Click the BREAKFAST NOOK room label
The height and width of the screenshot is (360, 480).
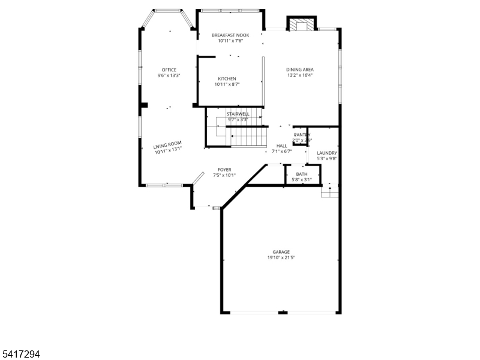230,35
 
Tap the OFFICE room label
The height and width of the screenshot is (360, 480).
169,70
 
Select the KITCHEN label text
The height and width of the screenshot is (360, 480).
227,79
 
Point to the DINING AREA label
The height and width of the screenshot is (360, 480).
300,70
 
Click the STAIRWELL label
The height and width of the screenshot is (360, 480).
238,113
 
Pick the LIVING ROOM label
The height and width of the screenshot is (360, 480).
167,145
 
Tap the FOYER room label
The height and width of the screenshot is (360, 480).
224,170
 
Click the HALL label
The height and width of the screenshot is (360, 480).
281,146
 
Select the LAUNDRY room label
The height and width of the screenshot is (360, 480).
327,153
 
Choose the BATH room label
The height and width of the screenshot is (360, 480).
301,174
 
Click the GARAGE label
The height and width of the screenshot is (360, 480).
281,252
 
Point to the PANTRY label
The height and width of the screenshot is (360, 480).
302,135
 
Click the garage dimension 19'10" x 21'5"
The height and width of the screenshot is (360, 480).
281,257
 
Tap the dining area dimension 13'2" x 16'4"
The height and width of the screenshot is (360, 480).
300,76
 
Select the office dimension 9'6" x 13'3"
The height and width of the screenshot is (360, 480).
169,76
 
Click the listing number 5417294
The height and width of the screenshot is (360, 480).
21,355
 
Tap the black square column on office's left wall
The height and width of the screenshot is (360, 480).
144,106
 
